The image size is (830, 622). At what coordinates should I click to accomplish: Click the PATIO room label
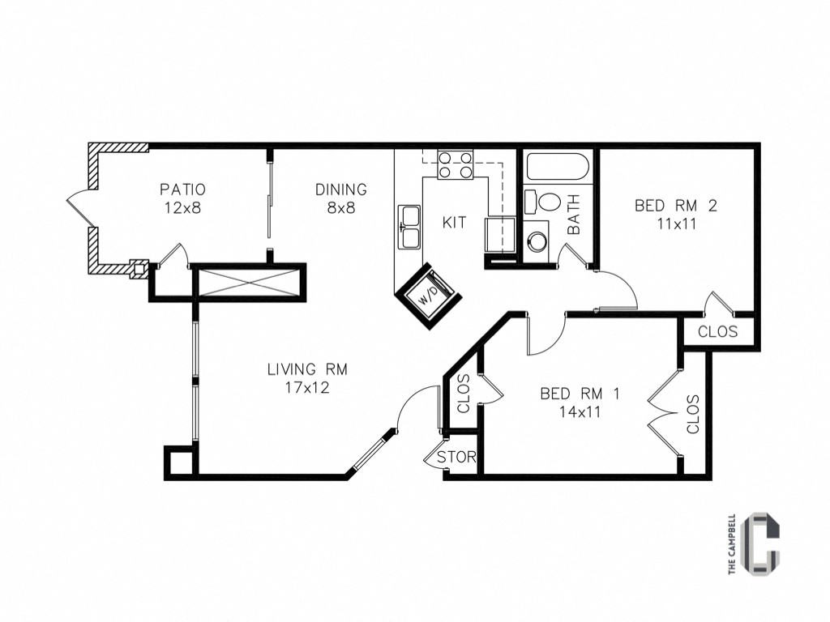(182, 190)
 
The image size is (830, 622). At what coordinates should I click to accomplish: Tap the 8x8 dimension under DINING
(341, 207)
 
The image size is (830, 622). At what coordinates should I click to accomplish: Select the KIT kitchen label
(455, 221)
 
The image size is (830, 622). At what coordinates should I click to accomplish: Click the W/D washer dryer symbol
(427, 295)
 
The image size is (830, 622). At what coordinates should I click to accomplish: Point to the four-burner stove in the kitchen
(455, 165)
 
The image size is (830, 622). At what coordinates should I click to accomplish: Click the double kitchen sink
(409, 227)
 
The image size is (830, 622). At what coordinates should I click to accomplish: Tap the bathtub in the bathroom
(557, 168)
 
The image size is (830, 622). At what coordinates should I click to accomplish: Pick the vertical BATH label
(574, 215)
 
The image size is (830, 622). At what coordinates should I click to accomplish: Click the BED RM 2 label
(675, 206)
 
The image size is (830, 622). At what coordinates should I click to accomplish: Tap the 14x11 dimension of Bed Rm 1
(580, 411)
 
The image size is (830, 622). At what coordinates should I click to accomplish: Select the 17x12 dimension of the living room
(307, 387)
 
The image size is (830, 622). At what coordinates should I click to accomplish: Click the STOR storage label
(456, 457)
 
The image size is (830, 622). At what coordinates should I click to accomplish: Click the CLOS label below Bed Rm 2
(717, 331)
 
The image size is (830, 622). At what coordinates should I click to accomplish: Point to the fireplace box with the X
(250, 283)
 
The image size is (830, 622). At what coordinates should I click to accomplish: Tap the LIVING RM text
(307, 369)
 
